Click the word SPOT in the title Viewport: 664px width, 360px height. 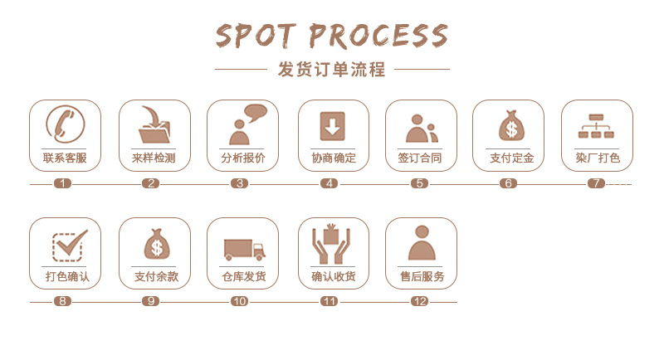[256, 35]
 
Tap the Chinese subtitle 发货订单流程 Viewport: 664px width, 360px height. [331, 70]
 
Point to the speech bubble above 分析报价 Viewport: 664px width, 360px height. [254, 112]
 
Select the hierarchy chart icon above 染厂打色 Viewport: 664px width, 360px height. [596, 126]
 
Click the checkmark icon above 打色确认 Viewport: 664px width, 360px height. [66, 244]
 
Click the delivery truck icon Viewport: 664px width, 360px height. [243, 247]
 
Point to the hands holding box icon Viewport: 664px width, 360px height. [332, 244]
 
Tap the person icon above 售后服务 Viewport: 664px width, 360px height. [421, 243]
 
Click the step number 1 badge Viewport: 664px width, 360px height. [62, 183]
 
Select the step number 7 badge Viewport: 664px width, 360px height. [596, 183]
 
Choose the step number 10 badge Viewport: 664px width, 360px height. [239, 301]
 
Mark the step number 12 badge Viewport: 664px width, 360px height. [419, 301]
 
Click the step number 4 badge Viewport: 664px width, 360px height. [330, 183]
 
